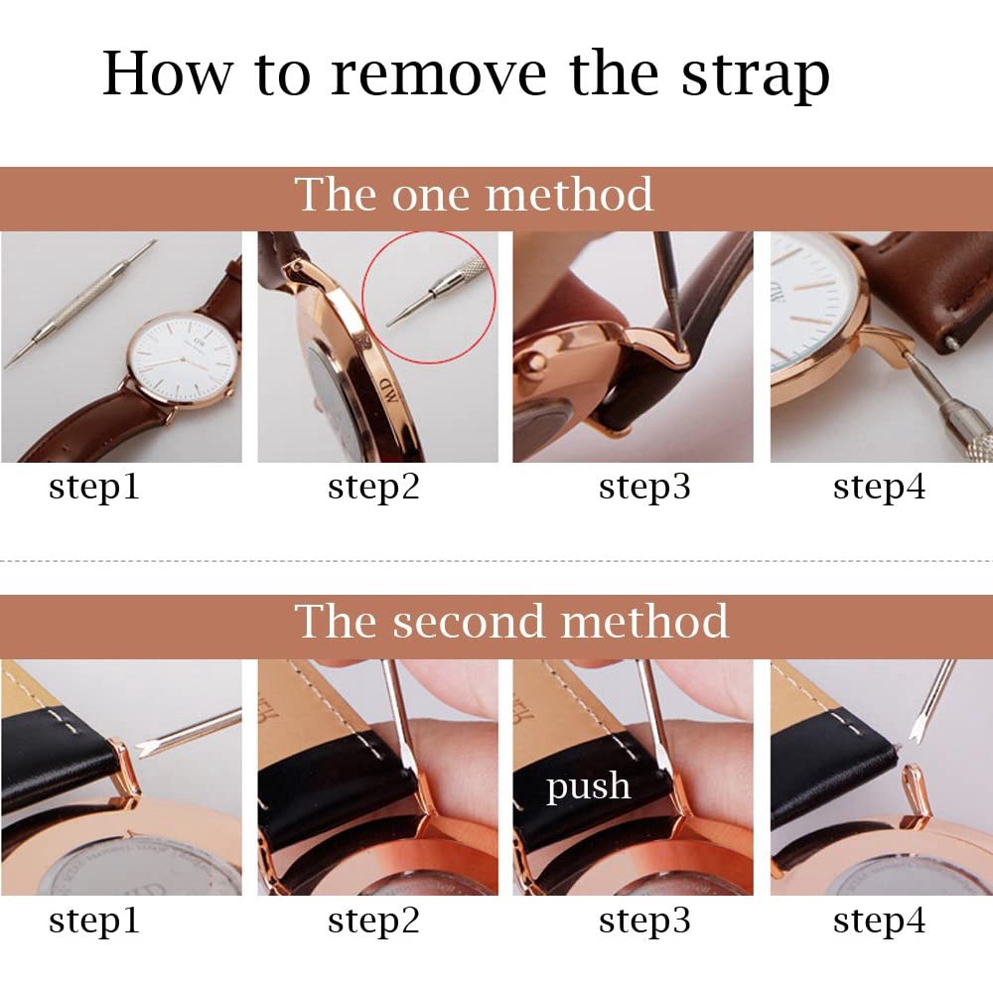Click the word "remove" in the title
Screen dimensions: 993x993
coord(438,73)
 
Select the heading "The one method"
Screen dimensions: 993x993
coord(474,194)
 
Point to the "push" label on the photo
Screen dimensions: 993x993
coord(588,787)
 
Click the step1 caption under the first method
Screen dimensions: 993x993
coord(93,487)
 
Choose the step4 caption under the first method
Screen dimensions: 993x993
coord(879,487)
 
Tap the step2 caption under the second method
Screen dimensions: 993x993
coord(373,921)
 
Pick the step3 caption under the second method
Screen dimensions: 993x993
coord(644,921)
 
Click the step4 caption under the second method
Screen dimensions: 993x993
coord(879,921)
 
